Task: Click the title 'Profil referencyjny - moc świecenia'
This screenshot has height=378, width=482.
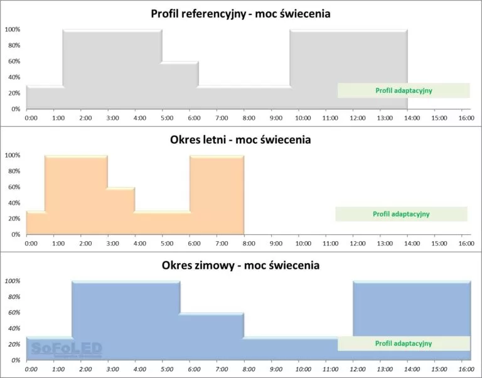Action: pyautogui.click(x=241, y=13)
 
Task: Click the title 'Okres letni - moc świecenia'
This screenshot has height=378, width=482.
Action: pyautogui.click(x=241, y=139)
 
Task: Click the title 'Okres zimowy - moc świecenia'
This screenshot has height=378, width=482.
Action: pyautogui.click(x=241, y=265)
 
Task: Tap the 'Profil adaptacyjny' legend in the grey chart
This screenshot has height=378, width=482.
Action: pyautogui.click(x=404, y=90)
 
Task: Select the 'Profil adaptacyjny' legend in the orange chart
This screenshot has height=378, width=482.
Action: pyautogui.click(x=401, y=214)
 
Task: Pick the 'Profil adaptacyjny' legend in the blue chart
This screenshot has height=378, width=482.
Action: pyautogui.click(x=404, y=343)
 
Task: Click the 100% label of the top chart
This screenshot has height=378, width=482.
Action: pyautogui.click(x=13, y=30)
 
